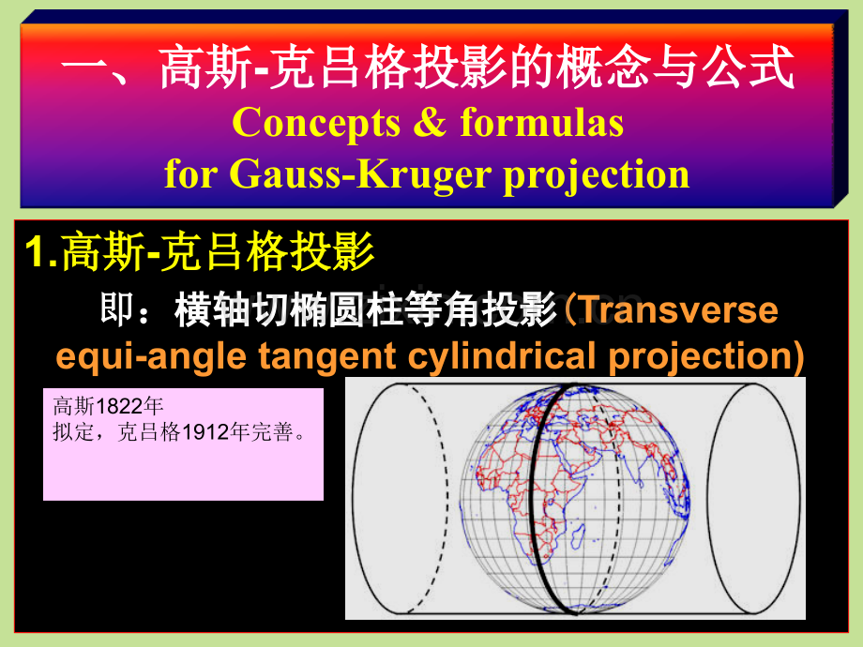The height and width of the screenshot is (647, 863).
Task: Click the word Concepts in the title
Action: click(316, 124)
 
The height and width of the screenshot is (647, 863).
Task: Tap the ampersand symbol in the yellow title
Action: click(430, 122)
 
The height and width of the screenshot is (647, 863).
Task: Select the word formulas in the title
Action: click(542, 122)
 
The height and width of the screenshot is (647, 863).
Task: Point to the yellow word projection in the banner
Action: click(597, 175)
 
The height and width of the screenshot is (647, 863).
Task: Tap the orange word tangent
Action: click(327, 357)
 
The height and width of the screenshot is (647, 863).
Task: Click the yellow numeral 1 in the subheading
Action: click(36, 252)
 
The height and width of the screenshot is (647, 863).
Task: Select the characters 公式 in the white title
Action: click(749, 68)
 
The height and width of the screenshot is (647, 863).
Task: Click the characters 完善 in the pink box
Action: click(272, 432)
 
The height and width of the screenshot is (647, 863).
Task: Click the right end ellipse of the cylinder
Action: click(753, 499)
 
